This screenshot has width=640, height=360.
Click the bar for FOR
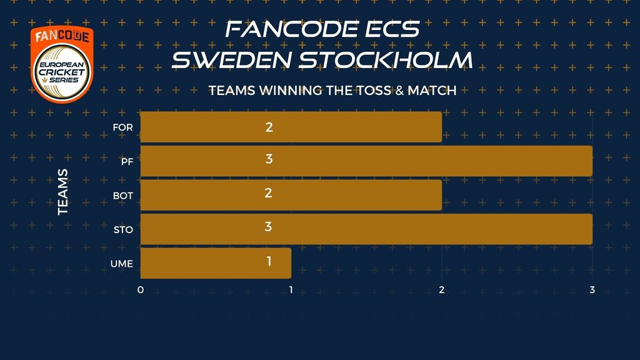pos(291,127)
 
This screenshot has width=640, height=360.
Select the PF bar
pos(366,161)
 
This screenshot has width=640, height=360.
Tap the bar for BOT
pos(291,195)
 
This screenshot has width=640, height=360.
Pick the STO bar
pos(366,229)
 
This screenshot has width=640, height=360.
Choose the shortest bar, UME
pos(216,263)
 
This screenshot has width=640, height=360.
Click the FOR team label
pos(123,127)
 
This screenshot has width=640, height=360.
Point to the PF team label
pos(127,162)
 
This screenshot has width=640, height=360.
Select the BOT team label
pos(123,196)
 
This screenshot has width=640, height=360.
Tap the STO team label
pos(123,230)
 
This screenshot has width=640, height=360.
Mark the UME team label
pos(122,264)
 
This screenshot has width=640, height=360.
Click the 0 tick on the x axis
pos(141,290)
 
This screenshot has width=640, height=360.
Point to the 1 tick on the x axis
pos(291,290)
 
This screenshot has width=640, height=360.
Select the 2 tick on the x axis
pos(442,290)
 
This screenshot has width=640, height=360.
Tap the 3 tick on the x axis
pos(592,290)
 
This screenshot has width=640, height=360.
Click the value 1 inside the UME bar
pos(269,261)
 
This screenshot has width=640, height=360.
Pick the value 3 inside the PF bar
pos(269,159)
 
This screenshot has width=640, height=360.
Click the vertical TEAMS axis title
pos(63,192)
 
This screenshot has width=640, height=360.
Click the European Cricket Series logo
pos(62,64)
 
